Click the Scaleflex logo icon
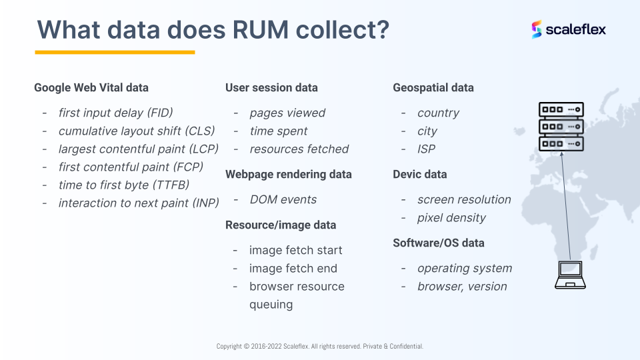(x=536, y=29)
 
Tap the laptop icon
(x=570, y=275)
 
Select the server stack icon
(x=561, y=127)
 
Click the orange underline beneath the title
(x=115, y=52)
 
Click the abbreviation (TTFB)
(x=171, y=185)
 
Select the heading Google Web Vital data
(x=91, y=88)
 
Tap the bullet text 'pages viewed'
(x=287, y=113)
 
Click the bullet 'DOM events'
(x=283, y=199)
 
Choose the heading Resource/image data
(x=281, y=225)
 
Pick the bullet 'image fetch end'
(x=293, y=269)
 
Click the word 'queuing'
(x=271, y=305)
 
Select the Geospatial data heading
(x=433, y=88)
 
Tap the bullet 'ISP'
(x=426, y=149)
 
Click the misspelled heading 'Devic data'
(x=419, y=174)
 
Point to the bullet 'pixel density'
(x=451, y=218)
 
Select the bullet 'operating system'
(x=465, y=268)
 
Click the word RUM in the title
(x=261, y=30)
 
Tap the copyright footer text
(x=319, y=346)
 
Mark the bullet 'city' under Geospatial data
(x=427, y=131)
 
